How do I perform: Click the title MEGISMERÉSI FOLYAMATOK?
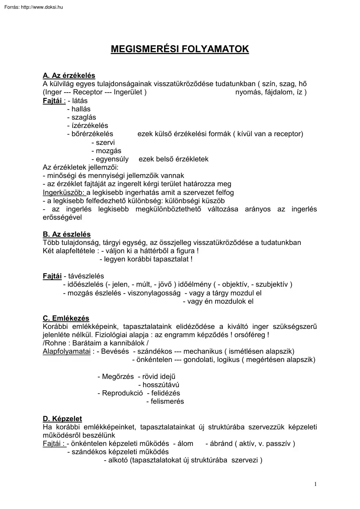(x=180, y=49)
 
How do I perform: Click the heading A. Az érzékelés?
(x=69, y=76)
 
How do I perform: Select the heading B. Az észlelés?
(x=67, y=234)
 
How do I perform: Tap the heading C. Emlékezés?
(x=66, y=318)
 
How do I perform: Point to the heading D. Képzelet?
(x=62, y=419)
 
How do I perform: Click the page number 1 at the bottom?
(x=315, y=484)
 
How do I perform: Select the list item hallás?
(x=81, y=109)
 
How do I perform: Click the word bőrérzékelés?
(x=92, y=134)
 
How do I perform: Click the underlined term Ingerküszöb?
(x=64, y=193)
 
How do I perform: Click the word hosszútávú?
(x=161, y=385)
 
